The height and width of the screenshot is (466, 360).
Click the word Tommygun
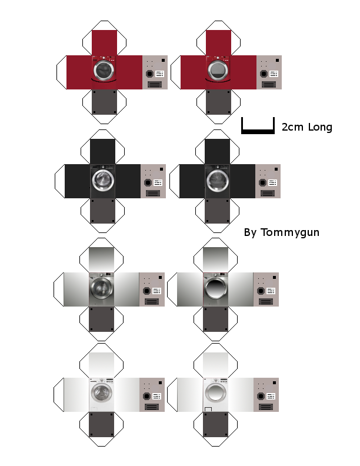(x=290, y=232)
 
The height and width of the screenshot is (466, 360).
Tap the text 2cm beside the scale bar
(x=292, y=127)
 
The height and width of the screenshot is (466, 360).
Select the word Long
(x=320, y=127)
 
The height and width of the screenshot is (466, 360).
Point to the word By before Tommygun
(x=250, y=232)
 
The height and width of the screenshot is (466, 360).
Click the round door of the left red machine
(x=104, y=71)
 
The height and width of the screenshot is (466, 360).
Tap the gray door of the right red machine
(x=218, y=71)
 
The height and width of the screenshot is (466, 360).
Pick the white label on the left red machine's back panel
(x=160, y=74)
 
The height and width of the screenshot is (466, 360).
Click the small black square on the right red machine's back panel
(x=277, y=61)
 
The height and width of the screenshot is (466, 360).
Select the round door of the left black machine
(x=103, y=180)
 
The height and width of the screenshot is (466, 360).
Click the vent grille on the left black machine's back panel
(x=153, y=194)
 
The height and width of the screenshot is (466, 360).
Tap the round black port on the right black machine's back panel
(x=262, y=182)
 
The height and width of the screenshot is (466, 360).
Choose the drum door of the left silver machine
(x=102, y=288)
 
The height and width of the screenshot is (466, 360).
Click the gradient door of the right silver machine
(x=216, y=288)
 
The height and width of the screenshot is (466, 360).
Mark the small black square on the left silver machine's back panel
(x=160, y=278)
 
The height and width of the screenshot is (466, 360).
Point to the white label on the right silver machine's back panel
(x=271, y=291)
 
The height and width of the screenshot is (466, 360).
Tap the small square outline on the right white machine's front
(x=208, y=410)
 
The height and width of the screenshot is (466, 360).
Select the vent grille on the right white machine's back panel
(x=265, y=407)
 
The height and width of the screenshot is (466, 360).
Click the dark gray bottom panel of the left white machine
(x=101, y=424)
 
